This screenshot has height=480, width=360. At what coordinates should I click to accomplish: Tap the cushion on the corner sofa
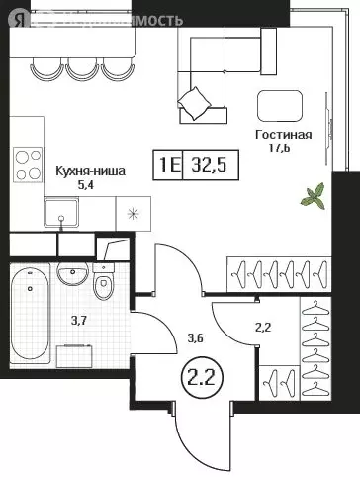tap(196, 100)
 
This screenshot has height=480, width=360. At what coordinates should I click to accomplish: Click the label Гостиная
tap(283, 136)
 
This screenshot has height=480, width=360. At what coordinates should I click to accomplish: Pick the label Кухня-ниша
tap(89, 170)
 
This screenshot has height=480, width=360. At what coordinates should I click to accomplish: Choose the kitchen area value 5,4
tap(89, 184)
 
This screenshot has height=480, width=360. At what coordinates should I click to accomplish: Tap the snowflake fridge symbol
tap(132, 211)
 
